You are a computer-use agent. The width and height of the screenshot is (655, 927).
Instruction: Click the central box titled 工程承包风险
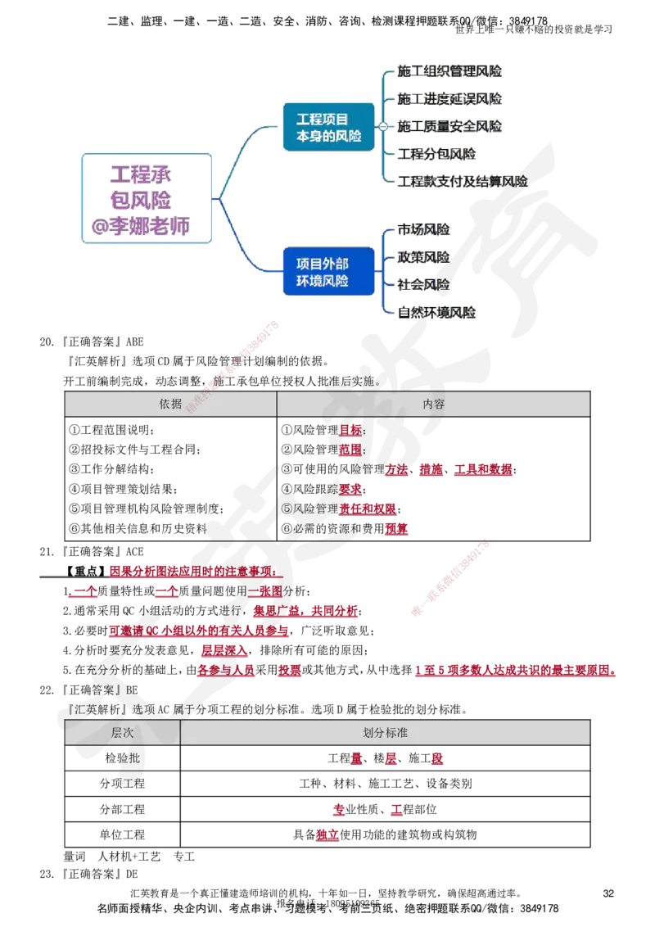(x=147, y=199)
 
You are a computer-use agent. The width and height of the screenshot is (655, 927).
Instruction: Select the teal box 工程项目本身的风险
(x=328, y=127)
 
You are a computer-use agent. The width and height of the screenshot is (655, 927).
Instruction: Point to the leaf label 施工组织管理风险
(x=449, y=72)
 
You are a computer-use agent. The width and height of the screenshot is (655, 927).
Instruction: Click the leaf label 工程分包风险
(x=442, y=154)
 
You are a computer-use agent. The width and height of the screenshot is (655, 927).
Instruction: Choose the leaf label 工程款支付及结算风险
(x=462, y=182)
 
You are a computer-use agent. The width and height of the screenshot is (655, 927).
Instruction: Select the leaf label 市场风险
(x=424, y=230)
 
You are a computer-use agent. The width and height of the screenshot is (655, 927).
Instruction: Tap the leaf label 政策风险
(x=424, y=257)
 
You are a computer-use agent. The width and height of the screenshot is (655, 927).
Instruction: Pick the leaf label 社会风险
(x=424, y=285)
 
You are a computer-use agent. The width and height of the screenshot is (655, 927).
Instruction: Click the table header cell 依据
(x=170, y=405)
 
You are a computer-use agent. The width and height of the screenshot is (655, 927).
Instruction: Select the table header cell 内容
(x=434, y=405)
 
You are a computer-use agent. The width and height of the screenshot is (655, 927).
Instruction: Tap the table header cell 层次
(x=123, y=733)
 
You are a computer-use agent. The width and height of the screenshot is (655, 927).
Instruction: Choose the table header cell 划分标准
(x=385, y=733)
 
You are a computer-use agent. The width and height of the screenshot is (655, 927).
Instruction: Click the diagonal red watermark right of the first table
(x=450, y=577)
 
